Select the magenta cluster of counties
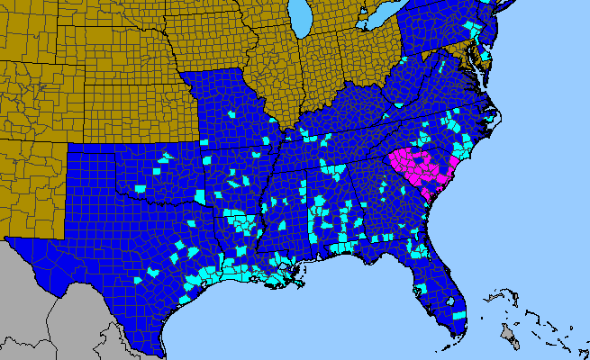(x=415, y=167)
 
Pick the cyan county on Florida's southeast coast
(x=460, y=316)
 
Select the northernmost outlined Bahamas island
(x=498, y=294)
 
